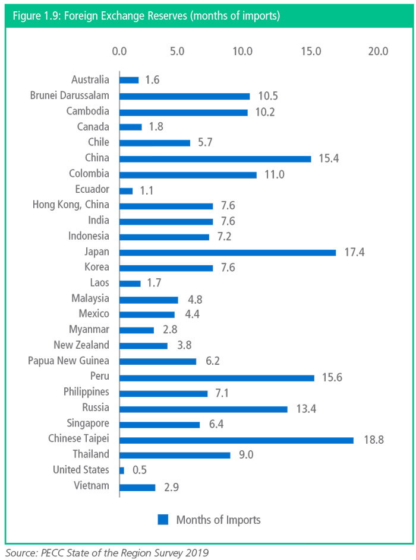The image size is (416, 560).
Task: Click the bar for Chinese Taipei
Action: (x=236, y=440)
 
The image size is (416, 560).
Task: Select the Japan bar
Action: (x=228, y=252)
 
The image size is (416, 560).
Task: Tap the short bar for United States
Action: (x=122, y=470)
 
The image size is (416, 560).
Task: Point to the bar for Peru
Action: (x=217, y=377)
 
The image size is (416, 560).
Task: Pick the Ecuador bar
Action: (x=126, y=190)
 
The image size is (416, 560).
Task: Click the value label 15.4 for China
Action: (x=329, y=159)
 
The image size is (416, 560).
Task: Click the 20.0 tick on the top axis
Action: (x=377, y=51)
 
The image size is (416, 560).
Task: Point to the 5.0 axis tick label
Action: (x=177, y=51)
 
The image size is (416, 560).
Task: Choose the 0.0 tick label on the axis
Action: (x=119, y=51)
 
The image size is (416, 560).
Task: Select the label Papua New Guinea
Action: (x=69, y=361)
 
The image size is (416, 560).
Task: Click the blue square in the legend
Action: (x=163, y=520)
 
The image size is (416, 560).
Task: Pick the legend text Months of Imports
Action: (x=218, y=520)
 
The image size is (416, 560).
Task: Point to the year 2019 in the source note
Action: (x=197, y=552)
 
